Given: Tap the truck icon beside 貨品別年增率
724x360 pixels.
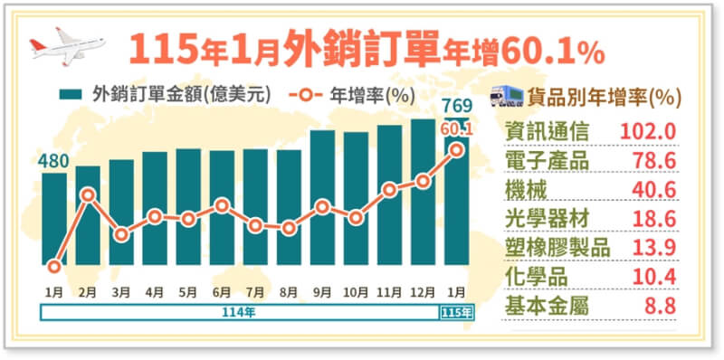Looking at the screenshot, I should (508, 96).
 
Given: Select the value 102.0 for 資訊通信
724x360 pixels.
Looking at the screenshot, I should (648, 131).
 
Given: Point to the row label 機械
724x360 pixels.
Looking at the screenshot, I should (527, 189).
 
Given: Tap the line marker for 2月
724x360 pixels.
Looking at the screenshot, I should (88, 194).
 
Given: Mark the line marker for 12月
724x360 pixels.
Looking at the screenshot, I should (423, 182).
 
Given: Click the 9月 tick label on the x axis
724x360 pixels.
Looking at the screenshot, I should (322, 291).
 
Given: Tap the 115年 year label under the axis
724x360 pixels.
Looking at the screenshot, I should (456, 312).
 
